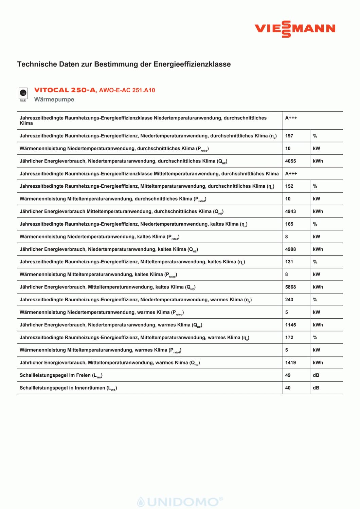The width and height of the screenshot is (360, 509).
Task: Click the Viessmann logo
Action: coord(295,29)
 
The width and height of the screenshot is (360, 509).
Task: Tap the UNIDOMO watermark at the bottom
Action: coord(180,502)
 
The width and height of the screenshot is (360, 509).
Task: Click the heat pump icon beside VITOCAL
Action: coord(23,94)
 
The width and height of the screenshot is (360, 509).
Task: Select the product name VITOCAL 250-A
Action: coord(65,90)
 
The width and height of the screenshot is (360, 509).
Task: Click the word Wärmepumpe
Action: coord(54,99)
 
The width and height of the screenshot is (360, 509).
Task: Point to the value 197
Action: coord(289,136)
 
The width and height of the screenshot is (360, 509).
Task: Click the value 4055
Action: coord(290,161)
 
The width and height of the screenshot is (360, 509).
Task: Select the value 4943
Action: coord(290,211)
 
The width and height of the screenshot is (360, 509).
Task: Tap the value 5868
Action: coord(290,287)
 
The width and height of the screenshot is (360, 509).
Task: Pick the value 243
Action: coord(289,300)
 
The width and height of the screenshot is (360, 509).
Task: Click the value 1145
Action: coord(290,325)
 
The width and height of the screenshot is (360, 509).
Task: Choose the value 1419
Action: coord(290,363)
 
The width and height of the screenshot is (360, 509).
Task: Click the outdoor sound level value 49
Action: coord(288,375)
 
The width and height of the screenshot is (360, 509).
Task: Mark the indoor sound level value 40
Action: coord(288,388)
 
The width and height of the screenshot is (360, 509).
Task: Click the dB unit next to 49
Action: coord(316,375)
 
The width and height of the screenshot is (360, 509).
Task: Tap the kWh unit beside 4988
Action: coord(318,249)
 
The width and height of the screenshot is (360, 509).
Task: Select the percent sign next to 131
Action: coord(315,262)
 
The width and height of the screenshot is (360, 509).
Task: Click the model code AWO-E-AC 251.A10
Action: coord(127,90)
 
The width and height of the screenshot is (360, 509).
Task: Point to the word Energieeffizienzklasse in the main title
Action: coord(192,64)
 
